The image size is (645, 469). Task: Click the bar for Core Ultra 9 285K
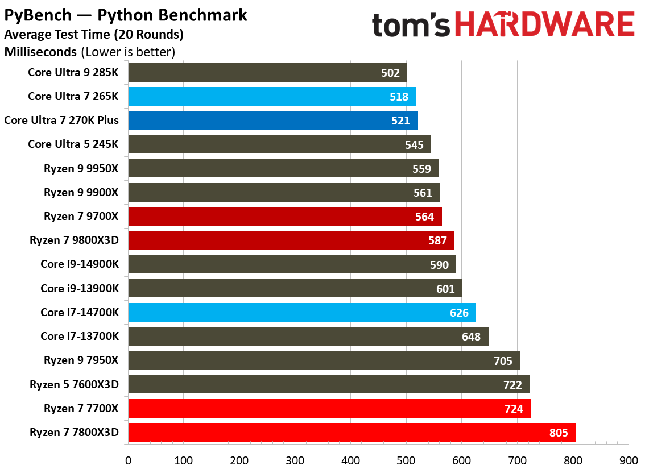(267, 73)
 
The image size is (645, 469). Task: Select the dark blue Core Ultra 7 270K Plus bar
(273, 121)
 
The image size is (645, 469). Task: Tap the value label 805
(558, 433)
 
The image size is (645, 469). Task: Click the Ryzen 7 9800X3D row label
(74, 240)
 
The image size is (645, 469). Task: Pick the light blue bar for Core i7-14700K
(301, 313)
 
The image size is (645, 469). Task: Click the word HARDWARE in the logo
(545, 25)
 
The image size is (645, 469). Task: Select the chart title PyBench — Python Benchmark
(126, 15)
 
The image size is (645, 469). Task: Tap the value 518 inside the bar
(399, 97)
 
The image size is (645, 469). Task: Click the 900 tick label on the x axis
(628, 459)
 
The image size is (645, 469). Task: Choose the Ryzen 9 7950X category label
(81, 360)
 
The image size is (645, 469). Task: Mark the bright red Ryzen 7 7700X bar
(329, 408)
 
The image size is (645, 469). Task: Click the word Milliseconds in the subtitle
(40, 52)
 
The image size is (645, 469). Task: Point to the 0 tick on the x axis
(129, 459)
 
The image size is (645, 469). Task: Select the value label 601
(445, 289)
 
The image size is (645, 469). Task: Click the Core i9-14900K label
(80, 264)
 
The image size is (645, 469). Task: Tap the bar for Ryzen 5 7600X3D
(328, 384)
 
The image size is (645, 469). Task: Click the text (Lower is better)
(128, 52)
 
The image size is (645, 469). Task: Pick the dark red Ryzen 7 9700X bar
(284, 217)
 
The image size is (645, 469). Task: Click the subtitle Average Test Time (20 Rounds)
(94, 35)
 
